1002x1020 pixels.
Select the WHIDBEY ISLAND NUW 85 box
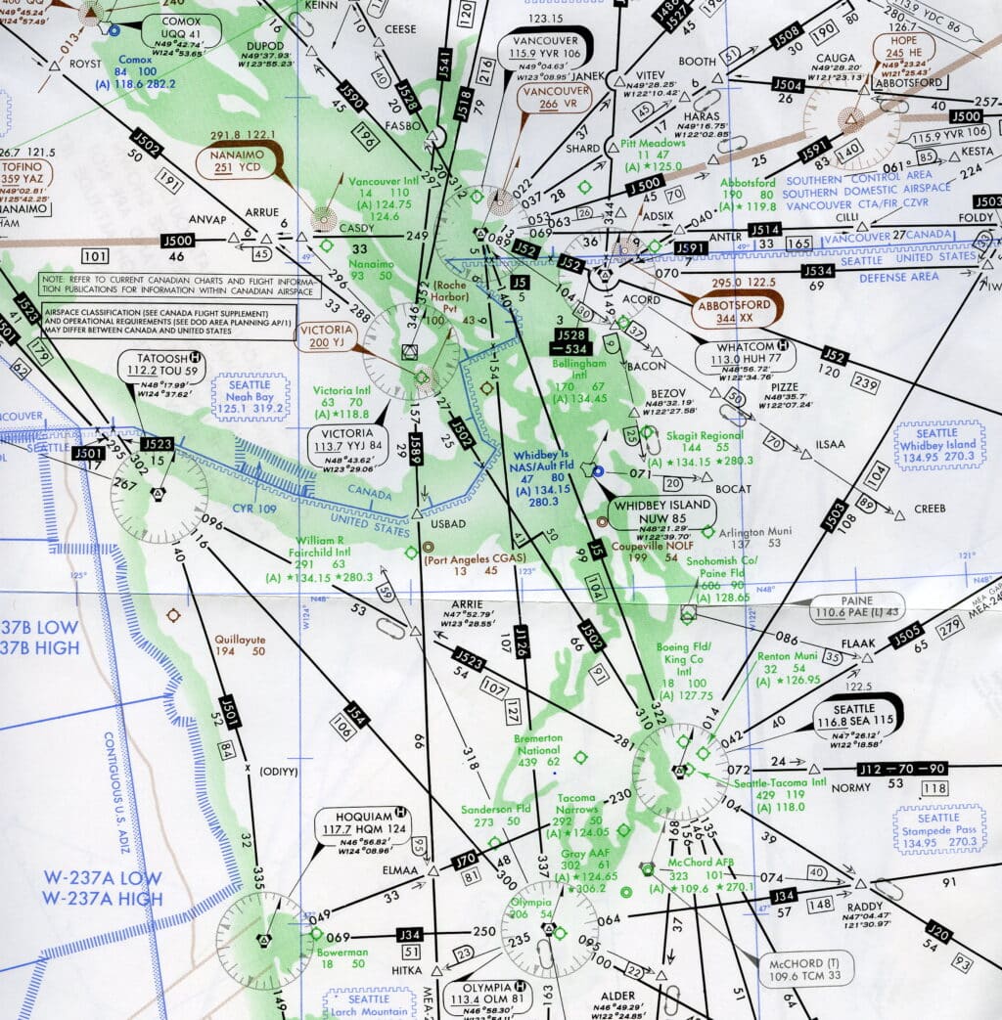(660, 511)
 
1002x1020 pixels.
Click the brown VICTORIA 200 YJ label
(332, 336)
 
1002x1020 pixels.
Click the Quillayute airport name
(240, 641)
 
